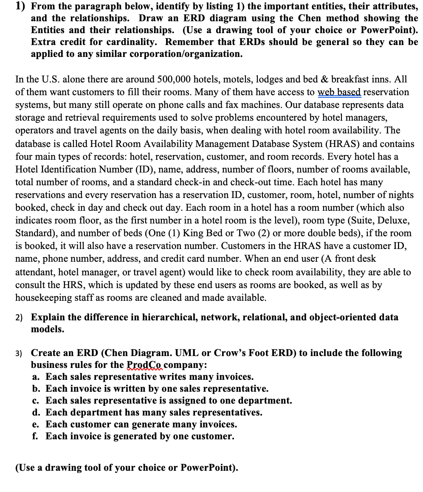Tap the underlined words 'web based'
click(x=340, y=92)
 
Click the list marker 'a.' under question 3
click(x=36, y=377)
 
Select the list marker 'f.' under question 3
click(x=36, y=436)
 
